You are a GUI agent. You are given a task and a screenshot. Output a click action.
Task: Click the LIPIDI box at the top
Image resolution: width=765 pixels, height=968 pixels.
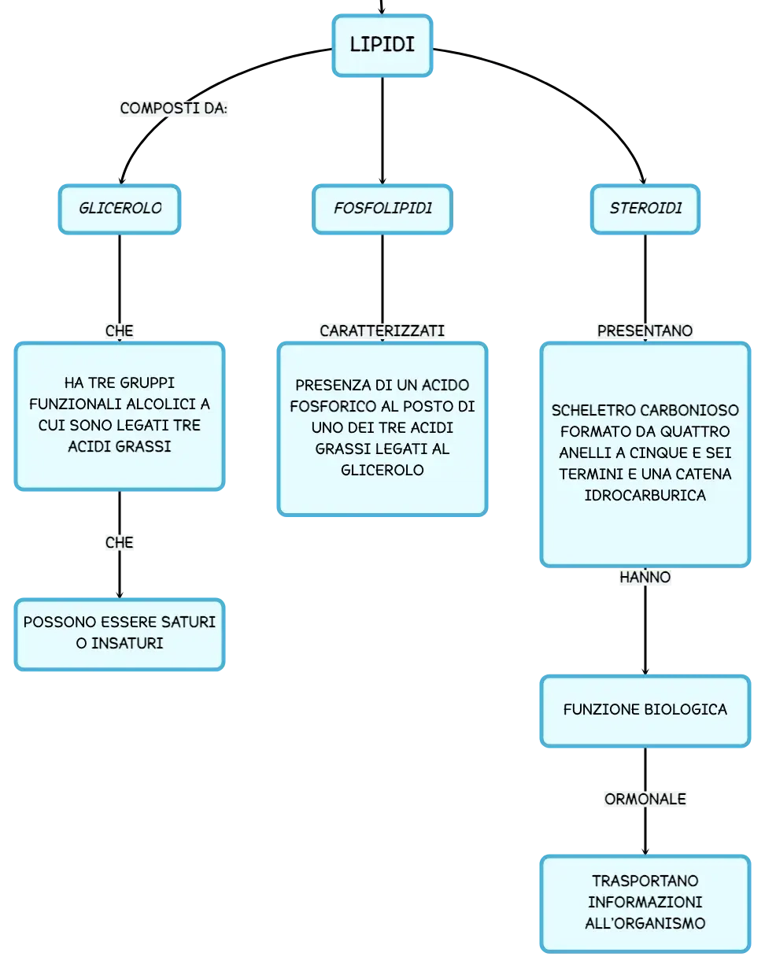[x=382, y=46]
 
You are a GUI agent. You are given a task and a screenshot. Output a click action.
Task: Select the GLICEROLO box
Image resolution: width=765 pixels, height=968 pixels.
[x=120, y=209]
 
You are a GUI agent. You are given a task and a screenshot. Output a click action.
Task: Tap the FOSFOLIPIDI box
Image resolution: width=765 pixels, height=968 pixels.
[x=382, y=209]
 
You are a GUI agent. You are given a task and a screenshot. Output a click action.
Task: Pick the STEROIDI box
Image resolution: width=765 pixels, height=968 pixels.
[x=645, y=209]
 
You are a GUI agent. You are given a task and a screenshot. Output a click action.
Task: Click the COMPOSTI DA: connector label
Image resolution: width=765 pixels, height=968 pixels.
[x=174, y=108]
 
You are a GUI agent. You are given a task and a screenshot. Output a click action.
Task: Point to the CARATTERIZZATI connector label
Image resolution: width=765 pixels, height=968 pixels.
[x=382, y=331]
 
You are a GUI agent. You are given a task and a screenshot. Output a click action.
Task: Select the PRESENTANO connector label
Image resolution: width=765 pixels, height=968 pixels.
[x=645, y=331]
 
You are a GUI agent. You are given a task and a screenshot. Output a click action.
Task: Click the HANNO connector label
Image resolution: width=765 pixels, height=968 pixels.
[x=645, y=577]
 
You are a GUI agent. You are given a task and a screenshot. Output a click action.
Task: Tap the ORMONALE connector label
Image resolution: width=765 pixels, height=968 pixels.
[x=645, y=799]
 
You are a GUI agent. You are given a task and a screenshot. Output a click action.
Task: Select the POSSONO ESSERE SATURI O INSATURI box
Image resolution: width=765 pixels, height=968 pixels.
[x=120, y=634]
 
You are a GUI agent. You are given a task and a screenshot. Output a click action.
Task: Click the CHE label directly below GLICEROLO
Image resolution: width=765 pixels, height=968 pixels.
[x=120, y=331]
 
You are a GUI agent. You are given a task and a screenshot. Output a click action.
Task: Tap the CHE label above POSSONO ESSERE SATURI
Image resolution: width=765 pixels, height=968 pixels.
[x=120, y=542]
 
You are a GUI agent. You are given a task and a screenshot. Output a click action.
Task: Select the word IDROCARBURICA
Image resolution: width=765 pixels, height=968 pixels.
[x=645, y=495]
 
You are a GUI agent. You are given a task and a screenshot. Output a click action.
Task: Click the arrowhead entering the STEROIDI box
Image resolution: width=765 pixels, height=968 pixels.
[x=644, y=181]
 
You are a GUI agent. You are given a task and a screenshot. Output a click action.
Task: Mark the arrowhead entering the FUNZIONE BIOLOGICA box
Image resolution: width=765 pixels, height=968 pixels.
[x=645, y=671]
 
